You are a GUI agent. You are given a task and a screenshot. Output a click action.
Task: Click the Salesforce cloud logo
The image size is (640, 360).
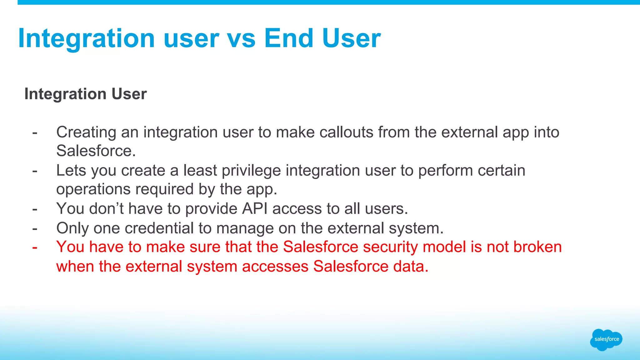tap(606, 339)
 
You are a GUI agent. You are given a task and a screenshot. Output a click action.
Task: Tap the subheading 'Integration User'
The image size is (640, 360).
tap(85, 94)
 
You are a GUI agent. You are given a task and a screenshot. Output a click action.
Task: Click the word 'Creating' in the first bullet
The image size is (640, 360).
tap(86, 132)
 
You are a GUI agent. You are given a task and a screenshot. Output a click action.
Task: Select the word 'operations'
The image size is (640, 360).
tap(93, 189)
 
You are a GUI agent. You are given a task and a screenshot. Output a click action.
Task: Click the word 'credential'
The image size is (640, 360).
tap(159, 228)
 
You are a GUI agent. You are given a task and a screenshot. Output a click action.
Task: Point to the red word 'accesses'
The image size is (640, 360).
tap(275, 267)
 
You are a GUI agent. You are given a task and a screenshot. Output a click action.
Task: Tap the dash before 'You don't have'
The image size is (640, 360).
tap(35, 209)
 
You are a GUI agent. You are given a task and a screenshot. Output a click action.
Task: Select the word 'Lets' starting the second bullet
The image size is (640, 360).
tap(71, 171)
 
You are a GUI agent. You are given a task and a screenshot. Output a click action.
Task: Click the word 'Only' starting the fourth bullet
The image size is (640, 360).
tap(72, 228)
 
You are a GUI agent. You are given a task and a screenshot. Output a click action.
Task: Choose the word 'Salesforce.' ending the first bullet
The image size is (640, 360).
tap(96, 151)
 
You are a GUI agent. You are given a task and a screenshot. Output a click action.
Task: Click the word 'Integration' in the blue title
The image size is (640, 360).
tap(87, 38)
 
